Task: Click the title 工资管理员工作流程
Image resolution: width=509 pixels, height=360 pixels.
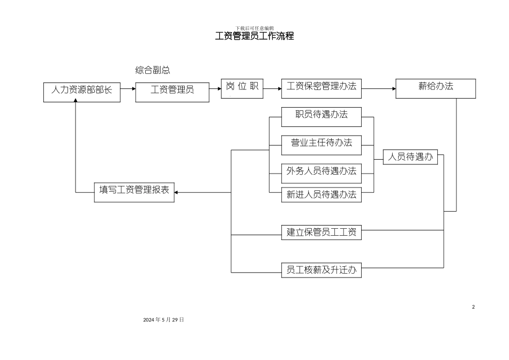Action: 254,36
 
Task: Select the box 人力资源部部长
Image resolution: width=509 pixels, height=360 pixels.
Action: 81,92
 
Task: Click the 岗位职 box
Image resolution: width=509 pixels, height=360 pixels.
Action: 242,89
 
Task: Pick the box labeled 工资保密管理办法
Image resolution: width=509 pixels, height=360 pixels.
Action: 321,88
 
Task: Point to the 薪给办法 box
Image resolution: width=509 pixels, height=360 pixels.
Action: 436,88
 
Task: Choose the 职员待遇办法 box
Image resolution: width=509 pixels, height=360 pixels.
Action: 321,117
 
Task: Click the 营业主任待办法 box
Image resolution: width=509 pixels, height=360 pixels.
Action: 321,145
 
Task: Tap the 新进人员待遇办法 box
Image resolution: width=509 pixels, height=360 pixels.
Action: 321,195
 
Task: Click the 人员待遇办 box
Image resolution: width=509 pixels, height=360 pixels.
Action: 410,157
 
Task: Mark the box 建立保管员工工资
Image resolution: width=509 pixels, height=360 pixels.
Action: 321,232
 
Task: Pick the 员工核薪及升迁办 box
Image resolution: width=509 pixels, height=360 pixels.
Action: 321,271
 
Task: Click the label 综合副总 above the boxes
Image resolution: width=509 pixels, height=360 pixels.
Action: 153,70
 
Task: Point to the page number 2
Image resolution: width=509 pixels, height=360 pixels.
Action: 473,307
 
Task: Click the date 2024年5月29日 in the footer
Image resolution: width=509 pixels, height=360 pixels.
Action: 163,319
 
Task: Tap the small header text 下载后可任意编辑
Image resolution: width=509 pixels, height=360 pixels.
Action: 254,28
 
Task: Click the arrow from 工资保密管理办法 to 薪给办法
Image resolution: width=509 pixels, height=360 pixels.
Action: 378,88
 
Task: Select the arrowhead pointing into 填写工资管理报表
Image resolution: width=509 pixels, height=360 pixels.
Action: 178,192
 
